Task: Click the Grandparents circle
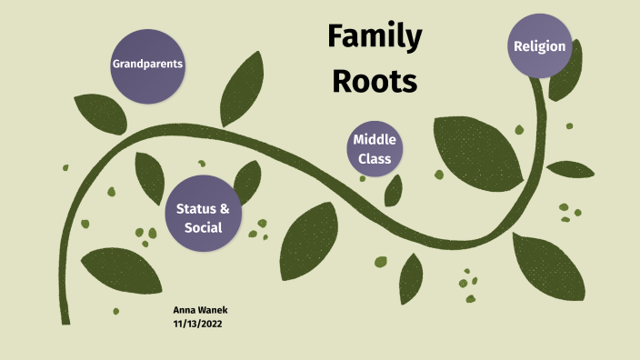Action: click(146, 65)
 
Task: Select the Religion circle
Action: click(539, 45)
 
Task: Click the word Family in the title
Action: click(374, 37)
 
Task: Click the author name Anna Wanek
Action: click(200, 310)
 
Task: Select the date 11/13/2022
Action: click(198, 323)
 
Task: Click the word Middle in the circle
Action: click(374, 140)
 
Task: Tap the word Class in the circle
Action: click(374, 159)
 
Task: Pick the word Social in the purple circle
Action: click(203, 227)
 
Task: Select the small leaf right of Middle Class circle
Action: click(394, 189)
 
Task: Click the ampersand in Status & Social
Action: click(225, 209)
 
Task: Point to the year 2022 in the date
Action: click(211, 323)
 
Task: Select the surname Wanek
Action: click(213, 310)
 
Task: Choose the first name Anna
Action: click(184, 310)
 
